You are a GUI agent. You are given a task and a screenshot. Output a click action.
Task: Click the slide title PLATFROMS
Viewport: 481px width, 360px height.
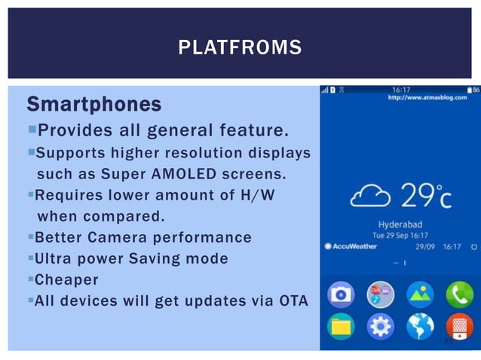click(x=240, y=49)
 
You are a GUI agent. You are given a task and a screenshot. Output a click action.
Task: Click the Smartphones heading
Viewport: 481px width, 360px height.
click(x=93, y=102)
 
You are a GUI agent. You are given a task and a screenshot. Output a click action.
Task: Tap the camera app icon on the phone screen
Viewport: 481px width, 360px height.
click(x=341, y=293)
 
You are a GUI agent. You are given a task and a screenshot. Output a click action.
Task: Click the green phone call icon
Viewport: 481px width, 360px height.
click(x=458, y=293)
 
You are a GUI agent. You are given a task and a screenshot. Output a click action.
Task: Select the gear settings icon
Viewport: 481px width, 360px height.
click(x=379, y=327)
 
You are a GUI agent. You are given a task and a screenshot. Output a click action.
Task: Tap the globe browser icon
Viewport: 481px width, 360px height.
click(x=418, y=327)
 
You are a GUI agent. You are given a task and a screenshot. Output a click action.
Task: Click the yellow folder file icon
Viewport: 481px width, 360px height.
click(x=341, y=327)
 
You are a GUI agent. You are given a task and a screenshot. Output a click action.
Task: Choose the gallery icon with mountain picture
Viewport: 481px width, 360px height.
click(x=418, y=293)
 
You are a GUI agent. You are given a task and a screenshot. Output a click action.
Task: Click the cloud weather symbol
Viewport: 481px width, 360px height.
click(x=370, y=197)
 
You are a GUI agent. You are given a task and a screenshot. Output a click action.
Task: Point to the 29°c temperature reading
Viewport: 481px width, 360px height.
click(x=426, y=197)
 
